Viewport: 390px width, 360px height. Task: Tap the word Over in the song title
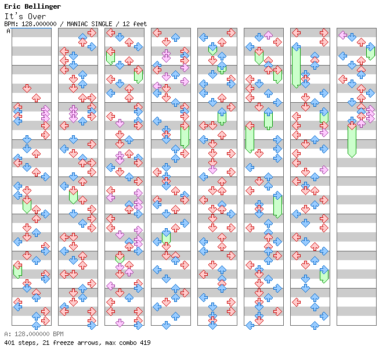tap(37, 16)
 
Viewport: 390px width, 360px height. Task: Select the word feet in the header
tap(140, 24)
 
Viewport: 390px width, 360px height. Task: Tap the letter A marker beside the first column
tap(8, 31)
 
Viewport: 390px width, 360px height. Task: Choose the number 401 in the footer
tap(9, 343)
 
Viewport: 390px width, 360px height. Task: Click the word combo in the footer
tap(128, 343)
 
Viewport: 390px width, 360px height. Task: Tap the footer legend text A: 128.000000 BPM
tap(34, 334)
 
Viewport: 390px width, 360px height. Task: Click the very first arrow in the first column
tap(27, 88)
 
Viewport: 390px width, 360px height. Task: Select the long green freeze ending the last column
tap(352, 139)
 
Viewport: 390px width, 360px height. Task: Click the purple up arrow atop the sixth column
tap(268, 35)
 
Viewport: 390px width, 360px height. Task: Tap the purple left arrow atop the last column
tap(343, 35)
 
